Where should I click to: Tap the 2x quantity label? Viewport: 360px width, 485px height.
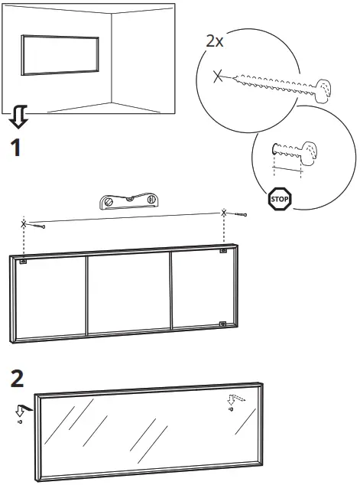(x=215, y=41)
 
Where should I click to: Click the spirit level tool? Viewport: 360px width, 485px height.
(x=129, y=201)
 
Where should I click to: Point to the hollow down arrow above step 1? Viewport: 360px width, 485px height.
(x=19, y=117)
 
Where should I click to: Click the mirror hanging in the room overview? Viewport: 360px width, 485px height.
(x=60, y=54)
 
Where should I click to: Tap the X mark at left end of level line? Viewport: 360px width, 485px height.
(x=24, y=223)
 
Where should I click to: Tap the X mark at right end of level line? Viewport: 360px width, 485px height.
(x=224, y=212)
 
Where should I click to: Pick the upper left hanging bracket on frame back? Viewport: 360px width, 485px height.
(x=24, y=262)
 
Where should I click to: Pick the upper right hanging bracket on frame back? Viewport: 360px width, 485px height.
(x=222, y=251)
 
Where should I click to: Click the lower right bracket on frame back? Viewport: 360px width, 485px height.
(x=222, y=323)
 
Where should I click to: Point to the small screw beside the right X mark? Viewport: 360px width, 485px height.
(x=242, y=216)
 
